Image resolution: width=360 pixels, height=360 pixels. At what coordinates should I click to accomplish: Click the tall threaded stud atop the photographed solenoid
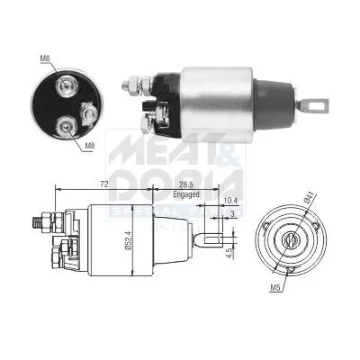[137, 83]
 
